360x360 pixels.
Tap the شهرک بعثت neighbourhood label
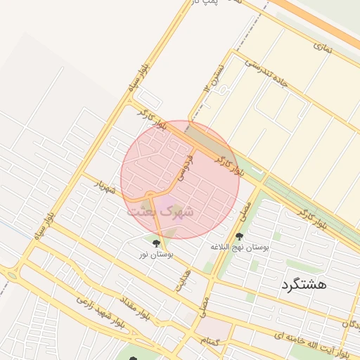160,210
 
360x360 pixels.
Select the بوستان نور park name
155,254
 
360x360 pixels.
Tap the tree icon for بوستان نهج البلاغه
239,236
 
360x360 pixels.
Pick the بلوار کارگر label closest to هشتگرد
313,219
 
